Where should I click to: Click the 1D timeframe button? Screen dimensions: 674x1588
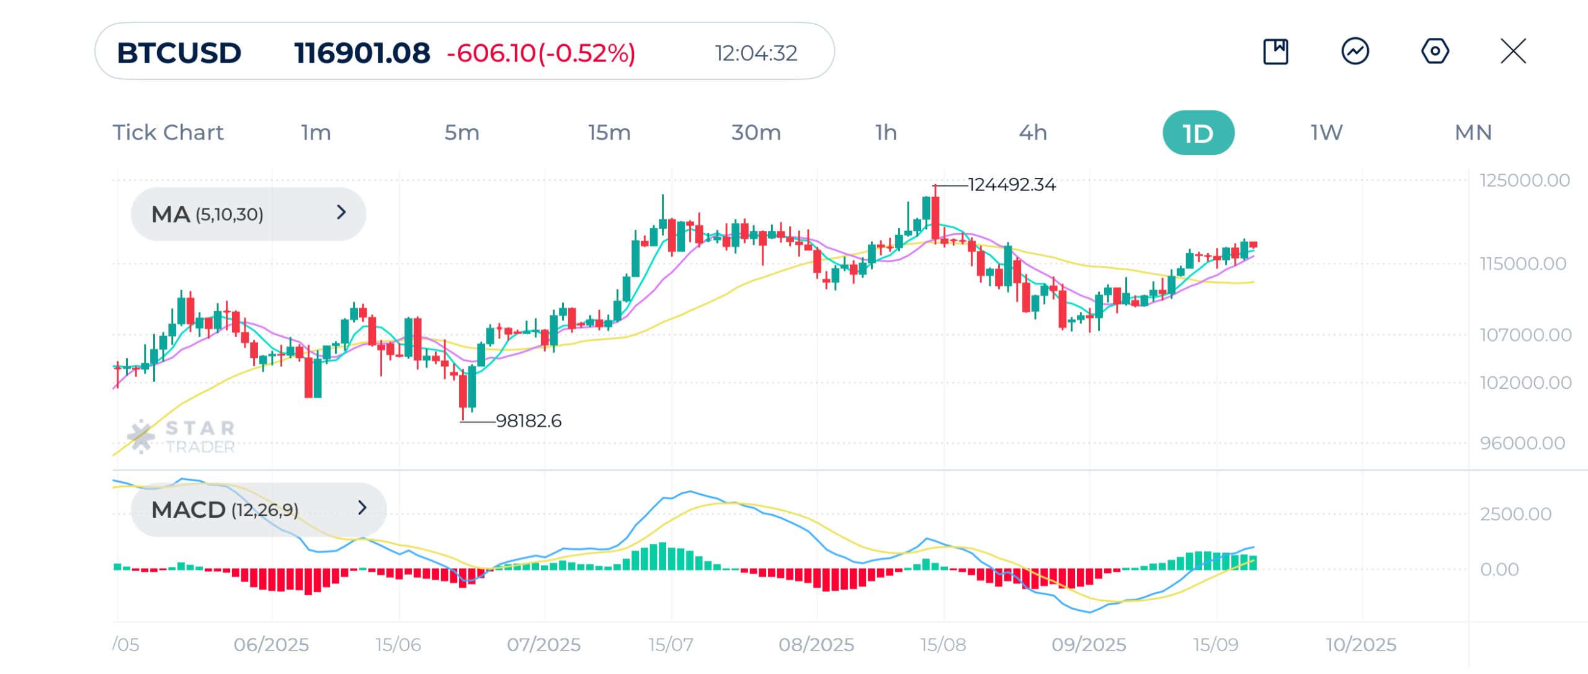click(x=1197, y=133)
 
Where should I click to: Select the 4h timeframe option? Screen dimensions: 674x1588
click(x=1033, y=133)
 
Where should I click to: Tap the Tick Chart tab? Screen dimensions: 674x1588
click(x=168, y=133)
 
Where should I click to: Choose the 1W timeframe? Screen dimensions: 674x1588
click(x=1326, y=133)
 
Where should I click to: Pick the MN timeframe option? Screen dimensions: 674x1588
click(x=1473, y=133)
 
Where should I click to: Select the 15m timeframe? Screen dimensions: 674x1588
click(x=609, y=133)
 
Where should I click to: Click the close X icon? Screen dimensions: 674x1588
click(x=1513, y=51)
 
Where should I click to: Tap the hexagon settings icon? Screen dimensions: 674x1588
click(x=1435, y=51)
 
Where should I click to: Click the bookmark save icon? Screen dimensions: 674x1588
click(x=1275, y=51)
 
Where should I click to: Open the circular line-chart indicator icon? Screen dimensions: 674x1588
click(x=1355, y=51)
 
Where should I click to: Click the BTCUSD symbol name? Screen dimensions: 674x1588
click(x=179, y=53)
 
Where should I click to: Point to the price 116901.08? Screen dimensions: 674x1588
click(x=362, y=53)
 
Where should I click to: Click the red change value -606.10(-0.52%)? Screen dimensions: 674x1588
click(x=541, y=53)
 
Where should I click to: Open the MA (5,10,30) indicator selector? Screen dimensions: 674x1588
click(x=248, y=214)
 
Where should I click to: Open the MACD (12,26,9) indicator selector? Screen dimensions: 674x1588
click(x=258, y=510)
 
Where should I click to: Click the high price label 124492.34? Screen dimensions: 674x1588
click(x=1012, y=185)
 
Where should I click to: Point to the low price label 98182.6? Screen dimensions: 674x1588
click(x=529, y=421)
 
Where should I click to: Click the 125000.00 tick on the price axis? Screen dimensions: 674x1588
click(x=1524, y=180)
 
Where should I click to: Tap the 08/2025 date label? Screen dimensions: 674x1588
click(x=816, y=645)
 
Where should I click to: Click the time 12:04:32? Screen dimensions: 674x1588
click(x=756, y=53)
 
